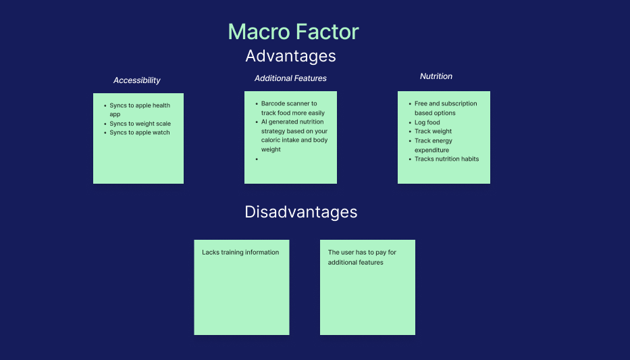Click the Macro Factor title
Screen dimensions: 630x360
(293, 32)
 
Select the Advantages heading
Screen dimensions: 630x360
(290, 55)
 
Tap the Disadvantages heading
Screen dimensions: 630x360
(300, 212)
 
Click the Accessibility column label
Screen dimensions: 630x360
(136, 80)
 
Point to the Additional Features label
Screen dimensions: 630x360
(290, 78)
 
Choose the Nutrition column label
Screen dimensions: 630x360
(436, 76)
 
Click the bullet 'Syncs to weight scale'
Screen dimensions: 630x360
(140, 124)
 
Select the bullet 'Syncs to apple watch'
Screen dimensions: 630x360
(139, 132)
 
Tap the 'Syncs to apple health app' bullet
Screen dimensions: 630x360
(139, 110)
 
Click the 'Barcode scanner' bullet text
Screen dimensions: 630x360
(292, 108)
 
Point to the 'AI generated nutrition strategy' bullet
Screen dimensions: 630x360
(294, 136)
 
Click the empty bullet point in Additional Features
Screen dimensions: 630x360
(257, 159)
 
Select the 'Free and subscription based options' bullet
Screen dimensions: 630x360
(445, 108)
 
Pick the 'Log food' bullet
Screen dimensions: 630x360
(427, 122)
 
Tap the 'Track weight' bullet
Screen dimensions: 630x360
(433, 131)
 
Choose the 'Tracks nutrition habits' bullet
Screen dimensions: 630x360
(446, 159)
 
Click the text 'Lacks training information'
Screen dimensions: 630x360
(240, 253)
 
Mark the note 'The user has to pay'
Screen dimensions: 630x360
(362, 257)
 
